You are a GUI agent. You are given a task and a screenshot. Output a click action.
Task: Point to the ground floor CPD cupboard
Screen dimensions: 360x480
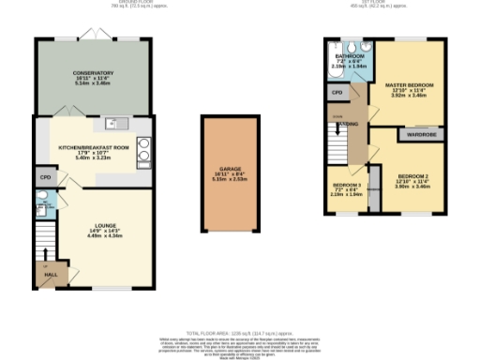tap(43, 176)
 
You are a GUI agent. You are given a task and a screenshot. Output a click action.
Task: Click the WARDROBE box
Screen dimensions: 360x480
tap(418, 134)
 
